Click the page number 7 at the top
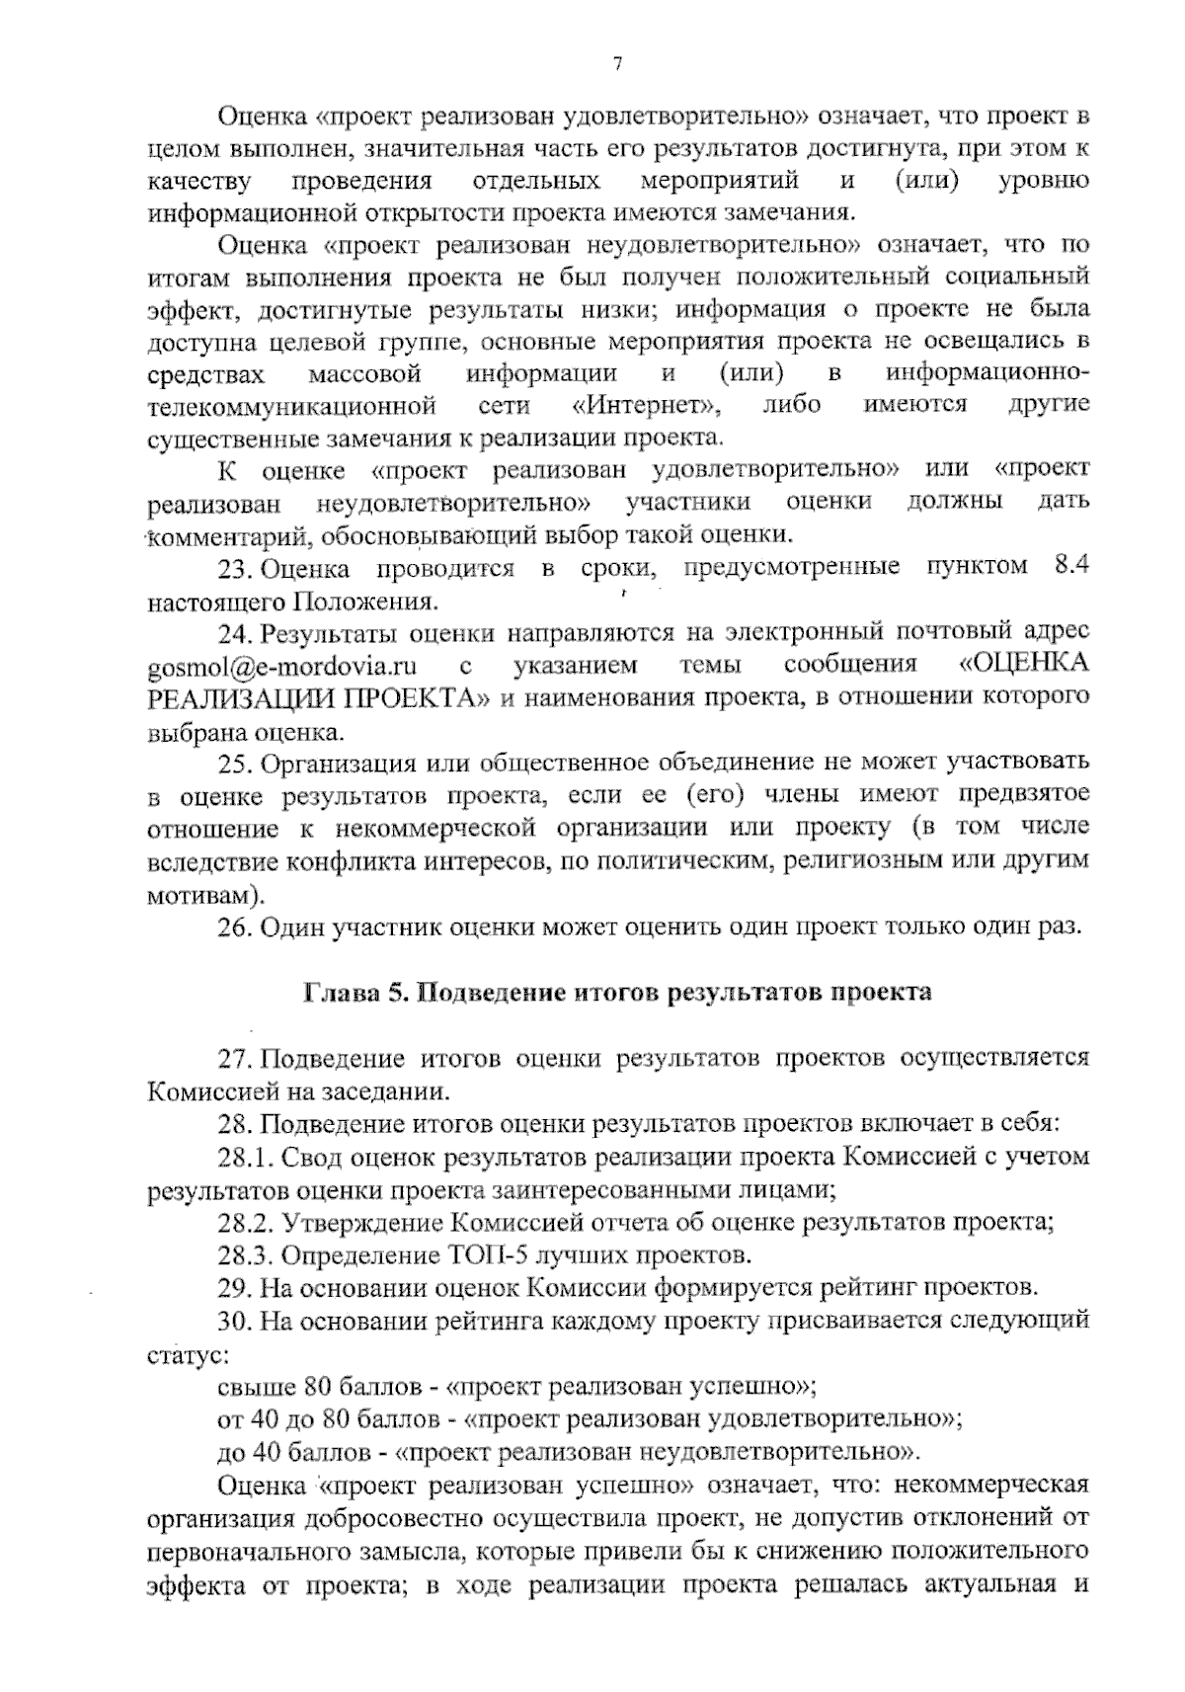click(617, 65)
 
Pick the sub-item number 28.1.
click(245, 1157)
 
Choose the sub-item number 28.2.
click(245, 1223)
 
